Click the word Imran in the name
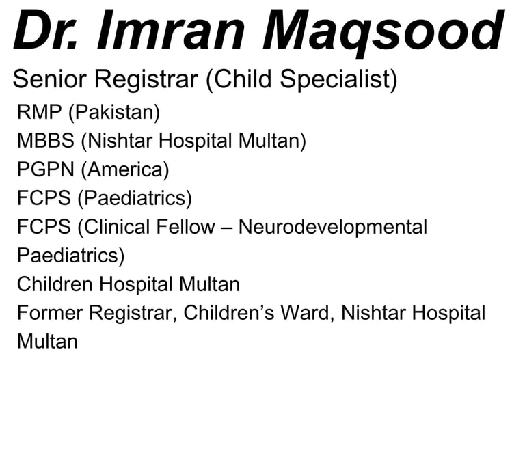pyautogui.click(x=171, y=29)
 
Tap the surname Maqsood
pyautogui.click(x=383, y=33)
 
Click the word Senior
pyautogui.click(x=49, y=79)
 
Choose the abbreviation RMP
pyautogui.click(x=39, y=112)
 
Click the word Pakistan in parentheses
pyautogui.click(x=114, y=113)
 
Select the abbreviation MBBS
pyautogui.click(x=46, y=141)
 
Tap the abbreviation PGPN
pyautogui.click(x=46, y=169)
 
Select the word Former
pyautogui.click(x=49, y=313)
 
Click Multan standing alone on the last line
pyautogui.click(x=47, y=342)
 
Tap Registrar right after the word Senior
pyautogui.click(x=146, y=80)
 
